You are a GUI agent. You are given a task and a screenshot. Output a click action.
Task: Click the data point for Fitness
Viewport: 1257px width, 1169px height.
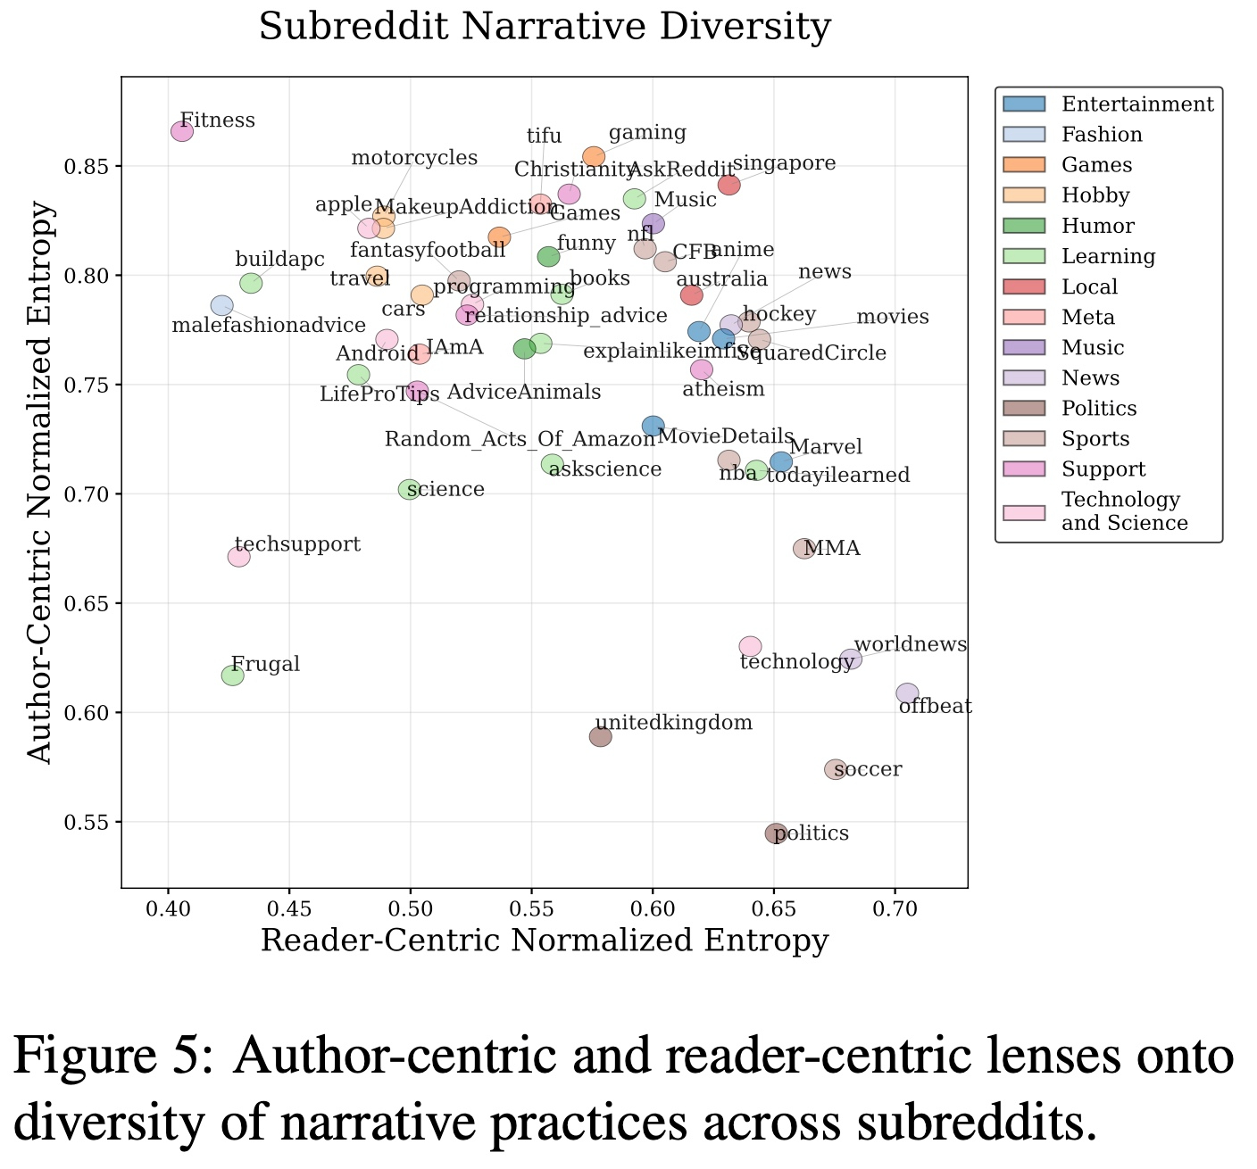point(182,131)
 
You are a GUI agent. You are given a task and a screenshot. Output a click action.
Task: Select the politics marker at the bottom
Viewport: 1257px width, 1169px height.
point(776,833)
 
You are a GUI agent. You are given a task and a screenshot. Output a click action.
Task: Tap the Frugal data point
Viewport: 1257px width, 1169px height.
point(232,676)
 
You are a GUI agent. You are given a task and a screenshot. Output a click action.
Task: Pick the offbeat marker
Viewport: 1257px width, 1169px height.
point(907,693)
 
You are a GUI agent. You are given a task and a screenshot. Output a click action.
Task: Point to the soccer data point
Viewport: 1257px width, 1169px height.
point(835,769)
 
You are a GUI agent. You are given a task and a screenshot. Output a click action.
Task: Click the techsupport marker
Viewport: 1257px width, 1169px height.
point(238,557)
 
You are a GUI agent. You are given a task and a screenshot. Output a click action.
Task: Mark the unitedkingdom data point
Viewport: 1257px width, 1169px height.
point(600,736)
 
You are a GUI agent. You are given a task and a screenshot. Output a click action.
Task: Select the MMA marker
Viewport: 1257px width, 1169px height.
point(803,549)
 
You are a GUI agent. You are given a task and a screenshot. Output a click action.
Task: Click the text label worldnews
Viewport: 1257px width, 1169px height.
point(910,644)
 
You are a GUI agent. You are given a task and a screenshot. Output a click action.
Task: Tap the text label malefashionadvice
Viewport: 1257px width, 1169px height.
point(268,326)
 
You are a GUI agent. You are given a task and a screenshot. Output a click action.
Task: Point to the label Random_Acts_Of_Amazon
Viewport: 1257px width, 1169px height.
point(520,439)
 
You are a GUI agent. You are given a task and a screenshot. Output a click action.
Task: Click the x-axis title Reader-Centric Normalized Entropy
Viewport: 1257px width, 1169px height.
point(545,942)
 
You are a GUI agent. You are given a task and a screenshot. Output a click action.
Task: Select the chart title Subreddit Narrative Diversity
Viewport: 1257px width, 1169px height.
point(545,28)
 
